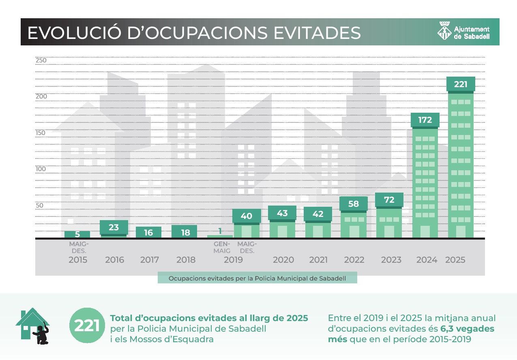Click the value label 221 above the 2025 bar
(x=461, y=84)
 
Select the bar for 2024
(x=425, y=182)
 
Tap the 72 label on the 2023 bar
(x=389, y=200)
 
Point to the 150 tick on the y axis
(x=41, y=133)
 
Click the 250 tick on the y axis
(x=41, y=60)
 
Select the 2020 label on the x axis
(x=283, y=260)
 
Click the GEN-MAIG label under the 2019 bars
(x=222, y=247)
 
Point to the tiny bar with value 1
(x=220, y=236)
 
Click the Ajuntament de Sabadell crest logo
(x=444, y=31)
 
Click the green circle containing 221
(x=87, y=326)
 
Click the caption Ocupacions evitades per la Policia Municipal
(x=257, y=278)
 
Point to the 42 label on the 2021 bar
(x=318, y=214)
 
